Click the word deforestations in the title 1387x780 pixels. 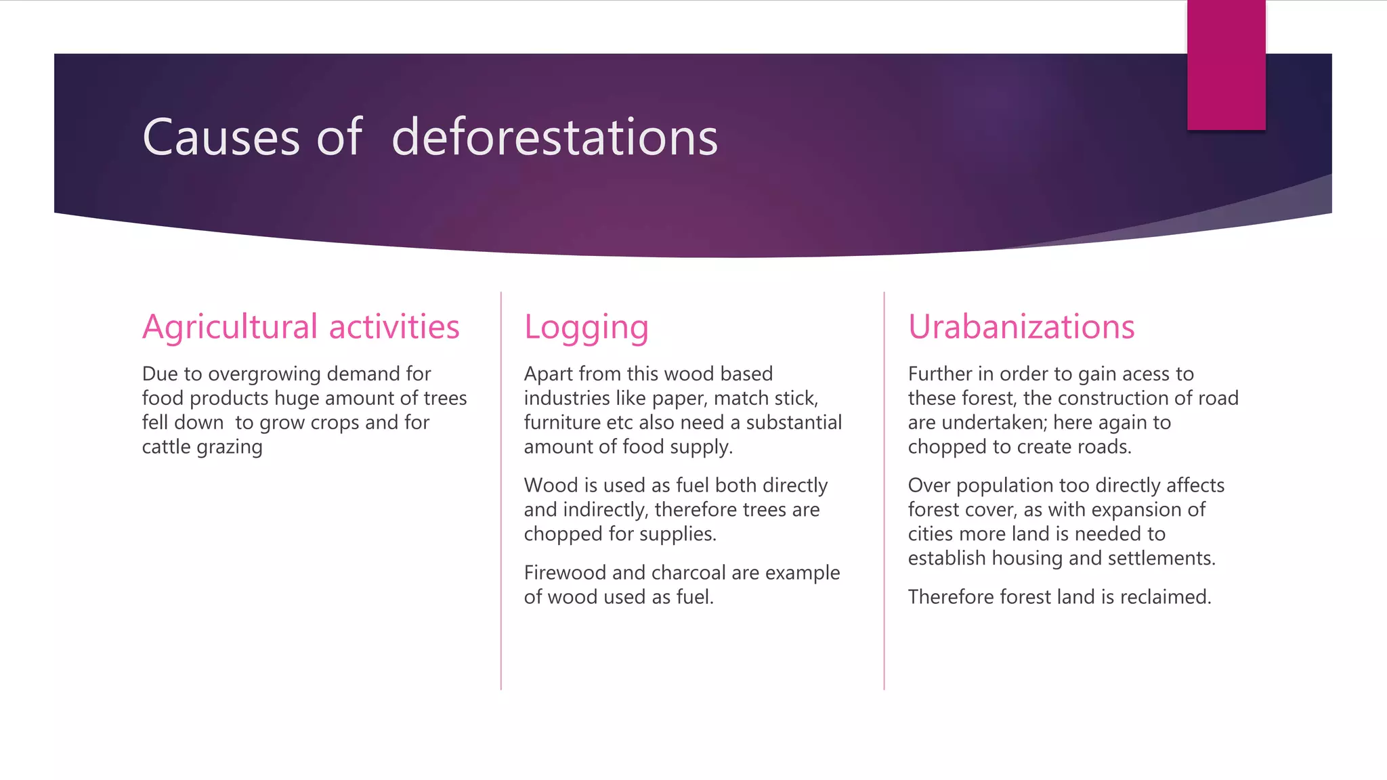click(555, 137)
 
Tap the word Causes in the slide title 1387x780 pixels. click(221, 137)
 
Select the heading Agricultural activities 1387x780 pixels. click(301, 327)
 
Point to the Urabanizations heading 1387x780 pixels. click(1021, 327)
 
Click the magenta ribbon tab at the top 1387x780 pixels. click(1226, 64)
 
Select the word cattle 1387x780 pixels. click(166, 447)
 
